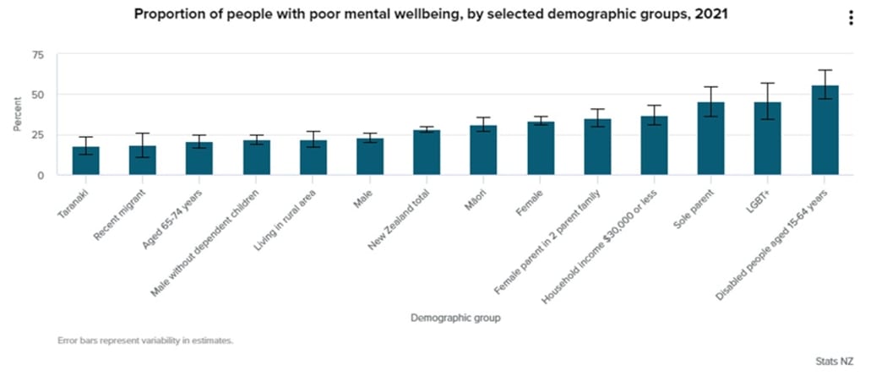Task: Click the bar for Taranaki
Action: click(x=86, y=161)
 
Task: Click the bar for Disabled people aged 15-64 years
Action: click(x=824, y=131)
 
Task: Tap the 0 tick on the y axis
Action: click(x=40, y=175)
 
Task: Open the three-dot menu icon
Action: click(x=851, y=19)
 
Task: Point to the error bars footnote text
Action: click(x=144, y=341)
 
